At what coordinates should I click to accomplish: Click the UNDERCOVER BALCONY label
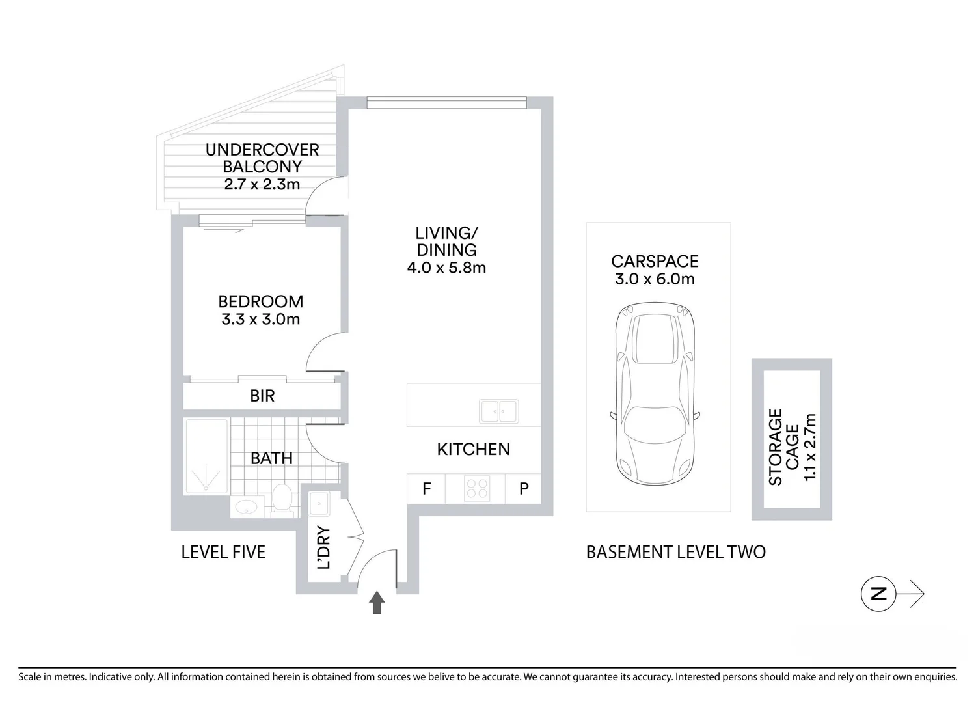262,158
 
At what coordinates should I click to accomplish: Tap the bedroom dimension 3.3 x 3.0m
260,320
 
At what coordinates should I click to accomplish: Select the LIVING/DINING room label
446,241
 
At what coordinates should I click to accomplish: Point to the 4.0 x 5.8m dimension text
446,268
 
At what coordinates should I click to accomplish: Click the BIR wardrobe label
262,396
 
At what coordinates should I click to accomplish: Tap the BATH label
271,458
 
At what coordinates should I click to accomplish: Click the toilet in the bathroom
282,499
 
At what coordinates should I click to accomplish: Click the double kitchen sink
498,411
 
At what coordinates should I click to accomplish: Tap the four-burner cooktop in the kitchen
476,489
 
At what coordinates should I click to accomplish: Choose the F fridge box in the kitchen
426,489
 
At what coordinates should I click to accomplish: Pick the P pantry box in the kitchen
524,489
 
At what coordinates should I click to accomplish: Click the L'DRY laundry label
323,547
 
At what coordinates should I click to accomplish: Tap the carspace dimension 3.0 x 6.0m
655,279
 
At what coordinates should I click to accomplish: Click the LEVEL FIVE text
223,553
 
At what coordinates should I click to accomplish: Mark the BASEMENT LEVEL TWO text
675,553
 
